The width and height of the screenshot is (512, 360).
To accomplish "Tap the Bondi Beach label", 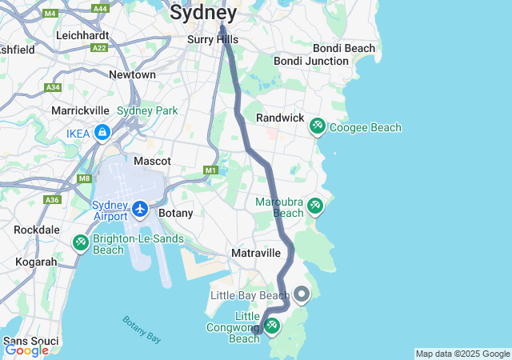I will click(343, 49).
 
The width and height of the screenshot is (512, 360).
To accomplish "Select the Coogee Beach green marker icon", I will click(318, 126).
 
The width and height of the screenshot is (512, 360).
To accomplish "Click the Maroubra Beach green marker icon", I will click(315, 206).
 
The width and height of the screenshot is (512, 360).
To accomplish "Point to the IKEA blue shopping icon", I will click(102, 132).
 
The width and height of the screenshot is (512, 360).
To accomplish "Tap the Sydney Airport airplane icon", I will click(141, 209).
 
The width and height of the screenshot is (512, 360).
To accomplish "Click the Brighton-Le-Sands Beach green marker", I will click(80, 242).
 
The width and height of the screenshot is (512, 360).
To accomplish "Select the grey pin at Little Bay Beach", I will click(302, 295).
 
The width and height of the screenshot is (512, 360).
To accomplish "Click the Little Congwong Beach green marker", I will click(272, 326).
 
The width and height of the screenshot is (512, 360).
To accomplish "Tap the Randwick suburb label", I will click(279, 118).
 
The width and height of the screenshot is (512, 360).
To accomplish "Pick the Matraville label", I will click(255, 253).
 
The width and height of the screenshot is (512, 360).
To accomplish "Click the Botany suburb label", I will click(175, 214).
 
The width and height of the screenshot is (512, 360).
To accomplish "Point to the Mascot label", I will click(152, 161).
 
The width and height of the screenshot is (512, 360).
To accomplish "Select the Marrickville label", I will click(79, 110).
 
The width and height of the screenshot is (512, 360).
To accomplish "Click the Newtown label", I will click(132, 74).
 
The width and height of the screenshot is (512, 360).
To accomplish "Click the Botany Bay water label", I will click(142, 330).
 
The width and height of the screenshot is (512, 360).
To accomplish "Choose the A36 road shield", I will click(52, 199).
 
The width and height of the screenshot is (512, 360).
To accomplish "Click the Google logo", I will click(26, 350).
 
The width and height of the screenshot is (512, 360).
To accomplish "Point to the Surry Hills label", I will click(212, 39).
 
